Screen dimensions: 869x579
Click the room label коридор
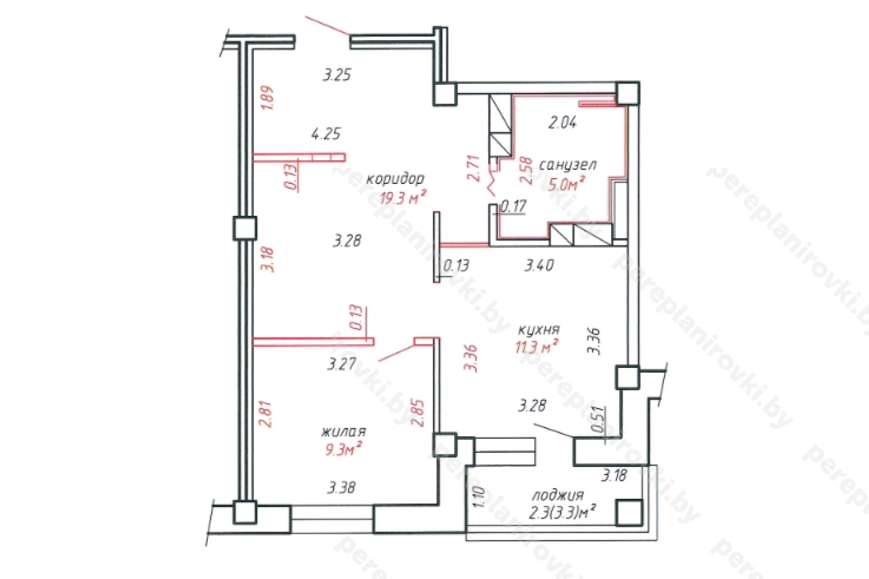coord(395,179)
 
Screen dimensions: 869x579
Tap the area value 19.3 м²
coord(403,198)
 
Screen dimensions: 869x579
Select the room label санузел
coord(568,165)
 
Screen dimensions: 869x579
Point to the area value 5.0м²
coord(566,183)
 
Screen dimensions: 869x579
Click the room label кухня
coord(539,330)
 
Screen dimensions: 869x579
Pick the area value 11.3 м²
coord(536,346)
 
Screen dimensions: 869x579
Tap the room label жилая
coord(344,432)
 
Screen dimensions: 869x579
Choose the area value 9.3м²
coord(344,449)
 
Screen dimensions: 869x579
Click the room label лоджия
coord(558,496)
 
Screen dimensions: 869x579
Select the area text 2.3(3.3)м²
coord(562,512)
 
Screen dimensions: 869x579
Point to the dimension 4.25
coord(326,134)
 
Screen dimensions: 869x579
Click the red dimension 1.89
coord(267,98)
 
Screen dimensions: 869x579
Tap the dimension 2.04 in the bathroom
coord(563,123)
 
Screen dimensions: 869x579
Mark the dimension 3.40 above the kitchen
coord(539,265)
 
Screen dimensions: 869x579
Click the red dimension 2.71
coord(474,168)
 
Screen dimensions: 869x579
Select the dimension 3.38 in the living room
coord(341,487)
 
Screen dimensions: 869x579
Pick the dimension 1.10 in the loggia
coord(480,497)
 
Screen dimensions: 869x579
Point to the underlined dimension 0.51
coord(599,419)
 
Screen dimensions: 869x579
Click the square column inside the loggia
coord(629,512)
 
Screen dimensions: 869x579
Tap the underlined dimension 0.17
coord(513,206)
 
